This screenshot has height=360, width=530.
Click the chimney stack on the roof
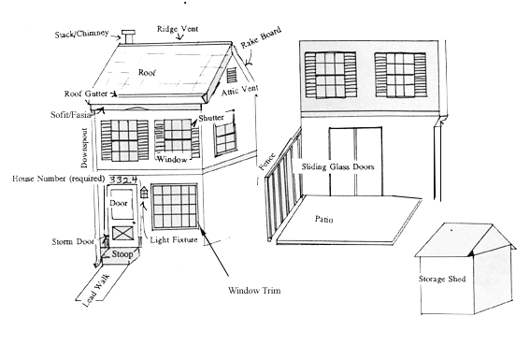point(128,36)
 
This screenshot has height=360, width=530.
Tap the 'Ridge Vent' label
point(178,29)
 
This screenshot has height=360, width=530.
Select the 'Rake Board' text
point(261,37)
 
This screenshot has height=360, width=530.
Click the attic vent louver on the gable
point(232,76)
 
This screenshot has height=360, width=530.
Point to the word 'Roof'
point(147,72)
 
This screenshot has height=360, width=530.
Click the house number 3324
point(123,180)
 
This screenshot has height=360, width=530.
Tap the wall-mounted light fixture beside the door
point(144,193)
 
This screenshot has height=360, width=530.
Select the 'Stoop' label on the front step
point(122,253)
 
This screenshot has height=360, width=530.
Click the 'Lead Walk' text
point(96,291)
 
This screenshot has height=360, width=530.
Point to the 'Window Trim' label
point(254,291)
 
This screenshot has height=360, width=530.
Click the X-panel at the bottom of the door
point(122,233)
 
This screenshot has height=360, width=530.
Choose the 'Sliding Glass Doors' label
point(338,166)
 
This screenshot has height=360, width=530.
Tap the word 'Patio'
point(323,219)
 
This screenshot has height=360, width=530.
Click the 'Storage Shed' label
point(442,279)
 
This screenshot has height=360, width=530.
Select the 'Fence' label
point(267,162)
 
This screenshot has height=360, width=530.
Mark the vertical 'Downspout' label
point(84,148)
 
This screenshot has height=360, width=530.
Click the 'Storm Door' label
point(73,241)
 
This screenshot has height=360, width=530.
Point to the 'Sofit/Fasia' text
point(71,115)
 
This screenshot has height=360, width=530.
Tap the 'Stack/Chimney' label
point(82,34)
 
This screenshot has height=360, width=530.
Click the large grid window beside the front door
point(175,207)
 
